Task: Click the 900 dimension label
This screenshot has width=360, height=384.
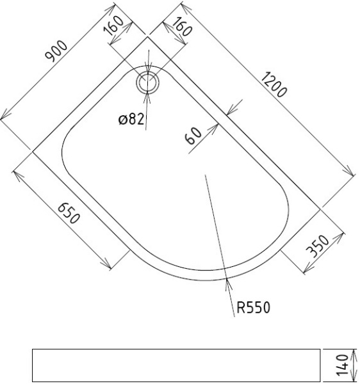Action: (56, 51)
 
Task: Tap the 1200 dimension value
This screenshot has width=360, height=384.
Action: (274, 84)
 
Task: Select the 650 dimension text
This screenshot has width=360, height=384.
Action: (69, 213)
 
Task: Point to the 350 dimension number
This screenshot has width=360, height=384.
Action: (318, 246)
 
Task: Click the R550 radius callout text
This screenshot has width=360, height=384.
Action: (254, 307)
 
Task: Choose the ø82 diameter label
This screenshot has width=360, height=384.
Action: (131, 119)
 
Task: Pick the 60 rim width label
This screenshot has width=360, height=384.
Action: (193, 136)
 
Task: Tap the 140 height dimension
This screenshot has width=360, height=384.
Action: (342, 365)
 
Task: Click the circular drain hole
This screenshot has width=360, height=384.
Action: (147, 83)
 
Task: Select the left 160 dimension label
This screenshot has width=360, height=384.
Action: (113, 25)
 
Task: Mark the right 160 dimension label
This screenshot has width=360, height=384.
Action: (182, 26)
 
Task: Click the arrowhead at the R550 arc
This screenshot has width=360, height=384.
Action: (228, 284)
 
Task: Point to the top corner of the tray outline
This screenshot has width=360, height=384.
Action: (147, 36)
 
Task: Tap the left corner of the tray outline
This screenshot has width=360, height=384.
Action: (33, 152)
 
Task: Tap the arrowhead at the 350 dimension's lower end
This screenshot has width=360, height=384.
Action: (308, 268)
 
